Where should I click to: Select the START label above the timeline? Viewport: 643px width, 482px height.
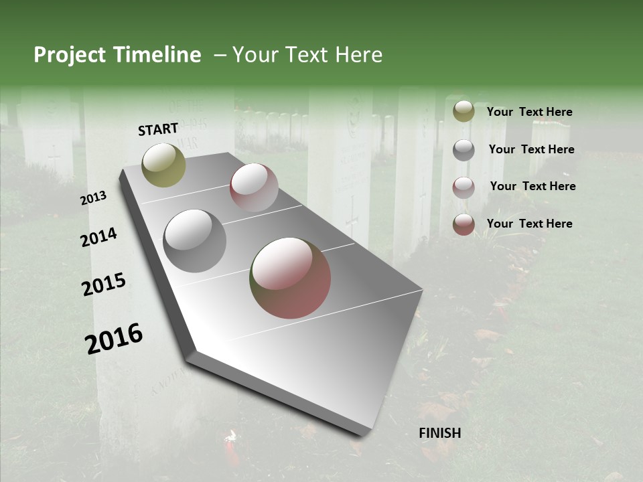coord(159,129)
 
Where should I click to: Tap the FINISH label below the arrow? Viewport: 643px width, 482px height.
coord(440,433)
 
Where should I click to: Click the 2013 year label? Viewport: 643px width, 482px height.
coord(94,198)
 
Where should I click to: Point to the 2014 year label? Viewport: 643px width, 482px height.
coord(99,237)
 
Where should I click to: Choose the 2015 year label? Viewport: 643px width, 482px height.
coord(104,285)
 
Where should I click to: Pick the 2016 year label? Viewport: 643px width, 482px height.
coord(115,339)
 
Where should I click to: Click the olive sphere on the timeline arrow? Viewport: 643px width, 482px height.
coord(164,165)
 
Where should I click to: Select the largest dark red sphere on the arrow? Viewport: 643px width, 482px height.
coord(290,278)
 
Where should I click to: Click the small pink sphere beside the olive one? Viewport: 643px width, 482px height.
coord(254,187)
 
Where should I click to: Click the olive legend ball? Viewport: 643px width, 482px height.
coord(463,112)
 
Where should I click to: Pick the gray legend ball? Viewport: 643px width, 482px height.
coord(463,149)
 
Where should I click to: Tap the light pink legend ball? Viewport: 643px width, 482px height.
coord(463,187)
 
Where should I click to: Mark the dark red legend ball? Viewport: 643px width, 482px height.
coord(463,224)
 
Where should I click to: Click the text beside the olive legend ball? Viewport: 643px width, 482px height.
coord(529,112)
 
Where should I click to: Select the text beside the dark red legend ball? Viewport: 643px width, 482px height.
coord(529,224)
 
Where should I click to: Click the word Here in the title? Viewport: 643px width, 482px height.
coord(358,55)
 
